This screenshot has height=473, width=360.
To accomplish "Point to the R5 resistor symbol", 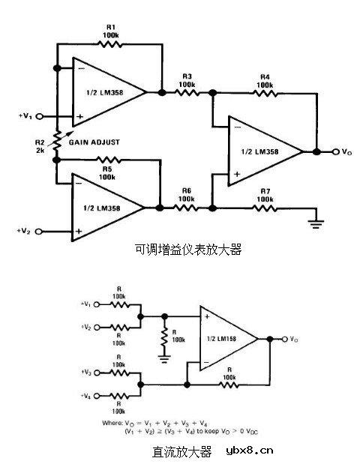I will [108, 159].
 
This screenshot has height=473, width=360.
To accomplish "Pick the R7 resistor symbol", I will [263, 207].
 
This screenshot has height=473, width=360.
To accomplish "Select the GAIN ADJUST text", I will [94, 141].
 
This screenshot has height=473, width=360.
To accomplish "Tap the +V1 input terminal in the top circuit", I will [39, 117].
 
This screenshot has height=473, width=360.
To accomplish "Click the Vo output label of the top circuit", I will [346, 152].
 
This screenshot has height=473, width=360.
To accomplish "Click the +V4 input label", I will [87, 394].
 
